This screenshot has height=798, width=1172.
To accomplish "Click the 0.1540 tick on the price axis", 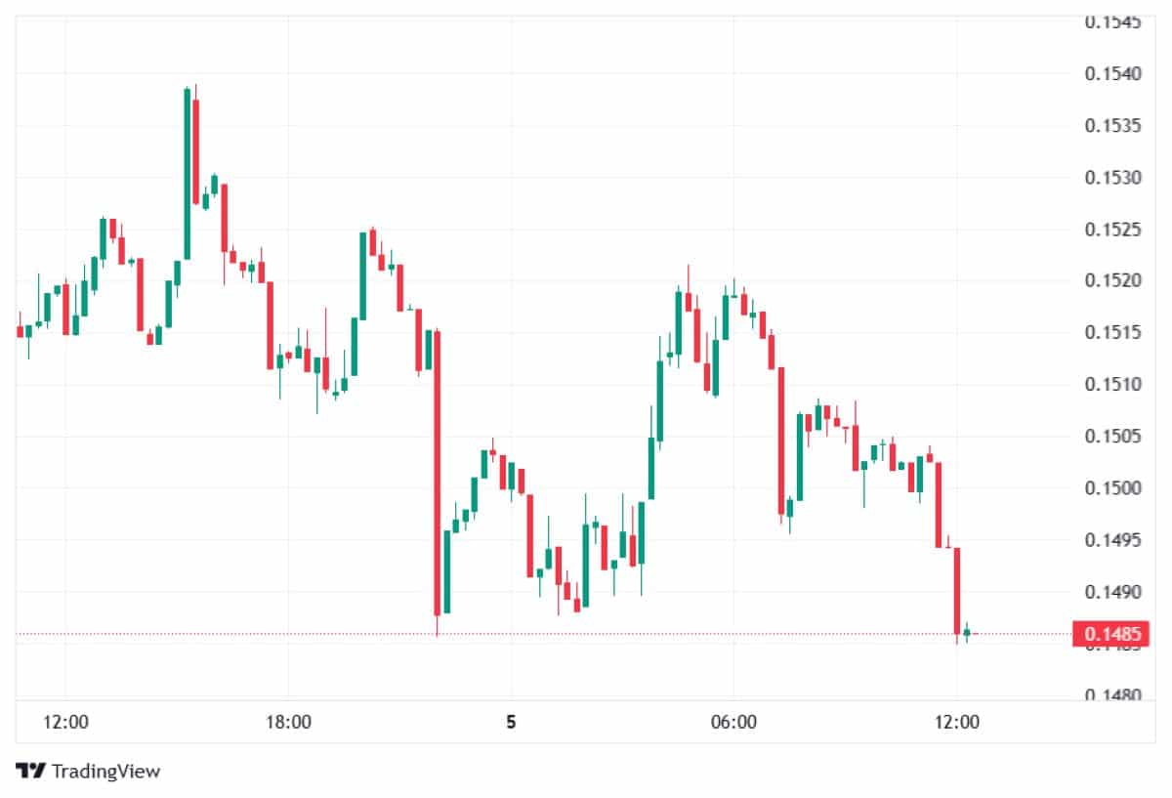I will (1114, 74).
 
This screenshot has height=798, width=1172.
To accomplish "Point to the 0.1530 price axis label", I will (1114, 178).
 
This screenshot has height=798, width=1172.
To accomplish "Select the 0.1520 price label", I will (1114, 281).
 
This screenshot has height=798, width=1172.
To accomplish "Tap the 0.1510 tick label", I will (1114, 384).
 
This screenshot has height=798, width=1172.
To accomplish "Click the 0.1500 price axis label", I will (1114, 487).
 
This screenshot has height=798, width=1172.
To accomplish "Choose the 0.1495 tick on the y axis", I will (1114, 539).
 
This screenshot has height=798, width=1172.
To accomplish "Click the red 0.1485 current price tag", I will (1112, 634).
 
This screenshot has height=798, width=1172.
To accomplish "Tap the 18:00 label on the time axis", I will (288, 723).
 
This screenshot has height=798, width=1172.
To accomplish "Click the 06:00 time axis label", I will (733, 723).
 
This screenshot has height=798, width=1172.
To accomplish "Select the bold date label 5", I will (510, 723).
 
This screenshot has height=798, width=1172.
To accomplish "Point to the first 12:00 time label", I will (65, 723).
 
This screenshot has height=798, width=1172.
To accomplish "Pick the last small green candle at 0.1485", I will (966, 633).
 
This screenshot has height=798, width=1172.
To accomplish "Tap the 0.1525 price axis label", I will (1114, 230).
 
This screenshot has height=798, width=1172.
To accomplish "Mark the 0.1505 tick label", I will (1114, 436).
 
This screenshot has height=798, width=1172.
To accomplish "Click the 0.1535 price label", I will (1114, 126).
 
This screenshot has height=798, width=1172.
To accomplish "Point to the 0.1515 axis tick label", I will (1114, 333).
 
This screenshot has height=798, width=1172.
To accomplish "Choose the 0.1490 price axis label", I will (1114, 591).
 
